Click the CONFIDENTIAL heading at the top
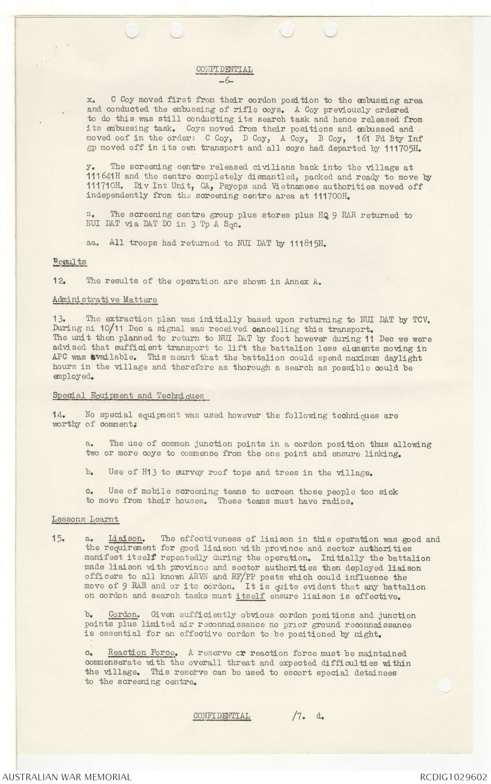tap(224, 69)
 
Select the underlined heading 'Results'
tap(70, 262)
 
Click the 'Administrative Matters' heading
tap(105, 300)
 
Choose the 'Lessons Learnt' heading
tap(85, 519)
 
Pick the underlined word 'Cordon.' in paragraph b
tap(123, 615)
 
